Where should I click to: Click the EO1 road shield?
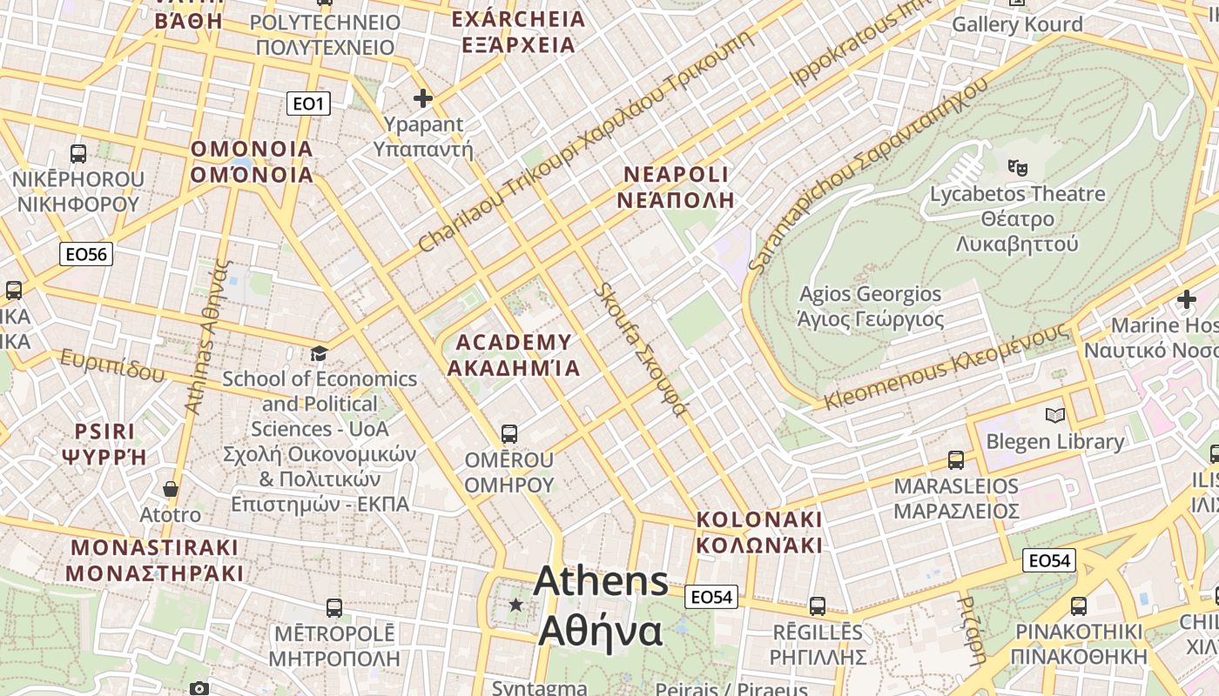point(308,104)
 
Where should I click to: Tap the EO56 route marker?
point(86,254)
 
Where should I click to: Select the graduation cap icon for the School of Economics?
point(320,353)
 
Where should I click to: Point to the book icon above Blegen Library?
point(1055,416)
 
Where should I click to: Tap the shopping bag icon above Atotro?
point(171,489)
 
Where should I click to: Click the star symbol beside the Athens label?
point(516,604)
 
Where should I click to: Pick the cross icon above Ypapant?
point(423,98)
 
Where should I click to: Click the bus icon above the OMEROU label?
point(509,432)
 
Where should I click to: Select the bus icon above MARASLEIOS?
point(956,459)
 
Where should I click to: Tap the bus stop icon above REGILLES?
point(818,606)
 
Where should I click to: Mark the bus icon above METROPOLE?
point(333,607)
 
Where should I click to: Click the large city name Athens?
point(601,581)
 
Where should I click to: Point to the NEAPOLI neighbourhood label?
point(676,174)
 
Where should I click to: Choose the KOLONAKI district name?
point(759,519)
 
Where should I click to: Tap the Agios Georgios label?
point(871,294)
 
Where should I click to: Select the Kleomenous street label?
point(945,368)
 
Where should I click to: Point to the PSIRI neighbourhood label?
point(105,432)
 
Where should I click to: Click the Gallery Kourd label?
point(1017,24)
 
